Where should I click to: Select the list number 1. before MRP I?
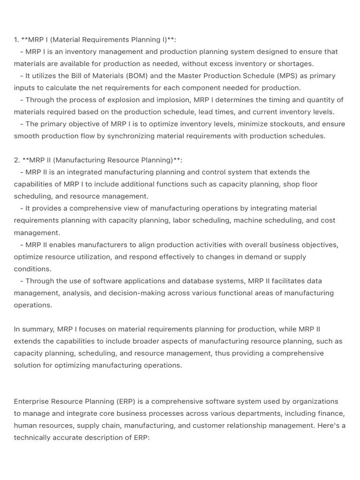point(17,40)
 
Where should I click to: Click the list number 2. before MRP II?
point(17,160)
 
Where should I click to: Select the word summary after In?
point(38,329)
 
